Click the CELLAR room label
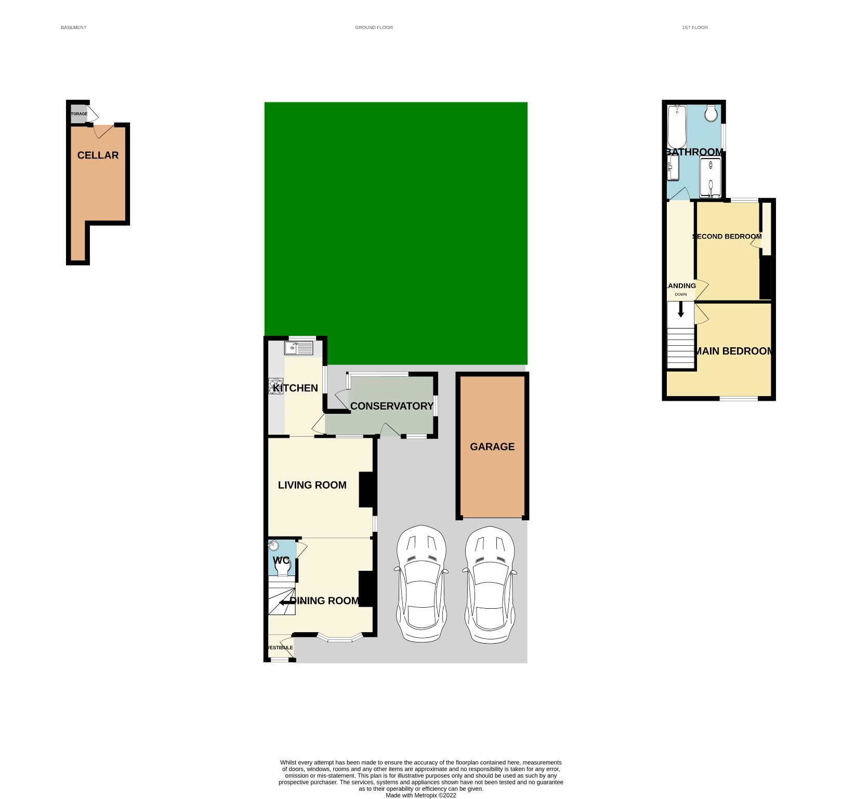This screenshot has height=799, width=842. pyautogui.click(x=98, y=155)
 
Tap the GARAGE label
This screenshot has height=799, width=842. pyautogui.click(x=492, y=447)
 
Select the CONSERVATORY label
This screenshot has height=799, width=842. pyautogui.click(x=391, y=406)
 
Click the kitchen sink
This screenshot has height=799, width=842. pyautogui.click(x=298, y=347)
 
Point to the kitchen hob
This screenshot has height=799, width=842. pyautogui.click(x=276, y=386)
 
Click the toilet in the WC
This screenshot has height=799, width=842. pyautogui.click(x=282, y=568)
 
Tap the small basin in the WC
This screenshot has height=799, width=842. pyautogui.click(x=274, y=546)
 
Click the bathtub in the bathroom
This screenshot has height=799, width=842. pyautogui.click(x=677, y=126)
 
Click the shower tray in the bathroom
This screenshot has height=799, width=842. pyautogui.click(x=710, y=177)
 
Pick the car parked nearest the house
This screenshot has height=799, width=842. pyautogui.click(x=422, y=584)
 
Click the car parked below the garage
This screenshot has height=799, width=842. pyautogui.click(x=490, y=585)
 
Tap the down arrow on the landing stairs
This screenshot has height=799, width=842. pyautogui.click(x=681, y=310)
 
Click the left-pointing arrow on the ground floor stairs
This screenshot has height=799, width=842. pyautogui.click(x=285, y=602)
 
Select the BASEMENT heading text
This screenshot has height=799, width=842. pyautogui.click(x=74, y=28)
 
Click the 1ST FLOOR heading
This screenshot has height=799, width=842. pyautogui.click(x=694, y=28)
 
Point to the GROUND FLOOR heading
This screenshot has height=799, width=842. pyautogui.click(x=374, y=28)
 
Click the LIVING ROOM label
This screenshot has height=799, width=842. pyautogui.click(x=312, y=485)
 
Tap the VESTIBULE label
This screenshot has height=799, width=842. pyautogui.click(x=280, y=648)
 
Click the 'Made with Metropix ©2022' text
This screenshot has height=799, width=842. pyautogui.click(x=420, y=795)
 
